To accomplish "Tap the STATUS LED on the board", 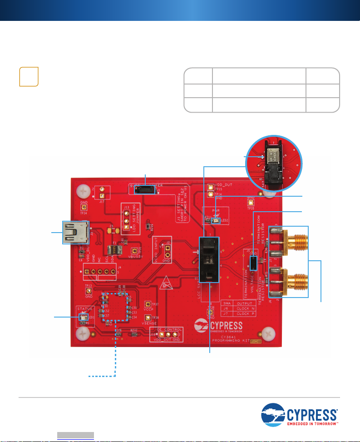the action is click(83, 318).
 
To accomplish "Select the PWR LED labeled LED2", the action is click(217, 221).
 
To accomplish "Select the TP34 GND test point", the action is click(84, 208).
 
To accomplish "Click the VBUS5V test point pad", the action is click(134, 251).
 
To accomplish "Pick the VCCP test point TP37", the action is click(148, 304).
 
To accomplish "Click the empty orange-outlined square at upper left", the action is click(29, 76).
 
